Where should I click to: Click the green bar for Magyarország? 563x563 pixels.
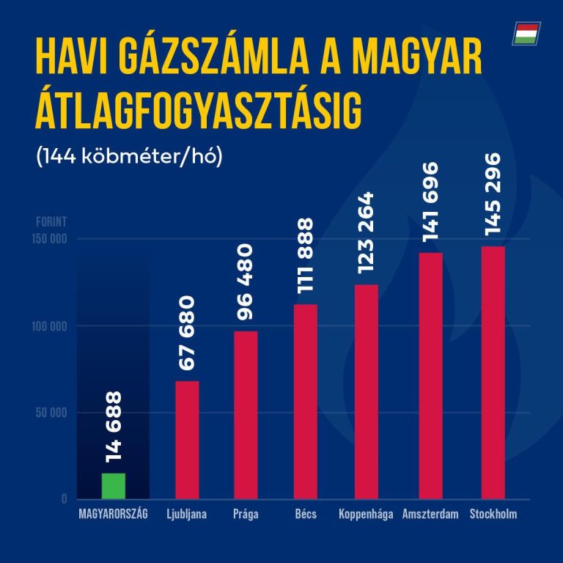pyautogui.click(x=114, y=486)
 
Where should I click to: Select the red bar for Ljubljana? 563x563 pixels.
pyautogui.click(x=186, y=440)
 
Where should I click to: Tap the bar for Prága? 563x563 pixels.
pyautogui.click(x=246, y=415)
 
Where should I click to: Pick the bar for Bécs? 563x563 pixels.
pyautogui.click(x=306, y=402)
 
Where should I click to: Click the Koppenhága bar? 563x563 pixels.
pyautogui.click(x=366, y=391)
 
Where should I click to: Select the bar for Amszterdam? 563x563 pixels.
pyautogui.click(x=430, y=375)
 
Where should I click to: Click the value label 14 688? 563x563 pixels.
pyautogui.click(x=114, y=427)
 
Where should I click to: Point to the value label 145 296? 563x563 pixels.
pyautogui.click(x=493, y=194)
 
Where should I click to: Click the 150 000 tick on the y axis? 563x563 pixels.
pyautogui.click(x=51, y=239)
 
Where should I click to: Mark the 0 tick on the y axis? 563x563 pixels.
pyautogui.click(x=64, y=499)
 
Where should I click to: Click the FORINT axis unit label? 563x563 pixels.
pyautogui.click(x=51, y=221)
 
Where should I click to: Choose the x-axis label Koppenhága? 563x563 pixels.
pyautogui.click(x=366, y=514)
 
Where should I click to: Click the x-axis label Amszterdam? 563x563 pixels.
pyautogui.click(x=430, y=514)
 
